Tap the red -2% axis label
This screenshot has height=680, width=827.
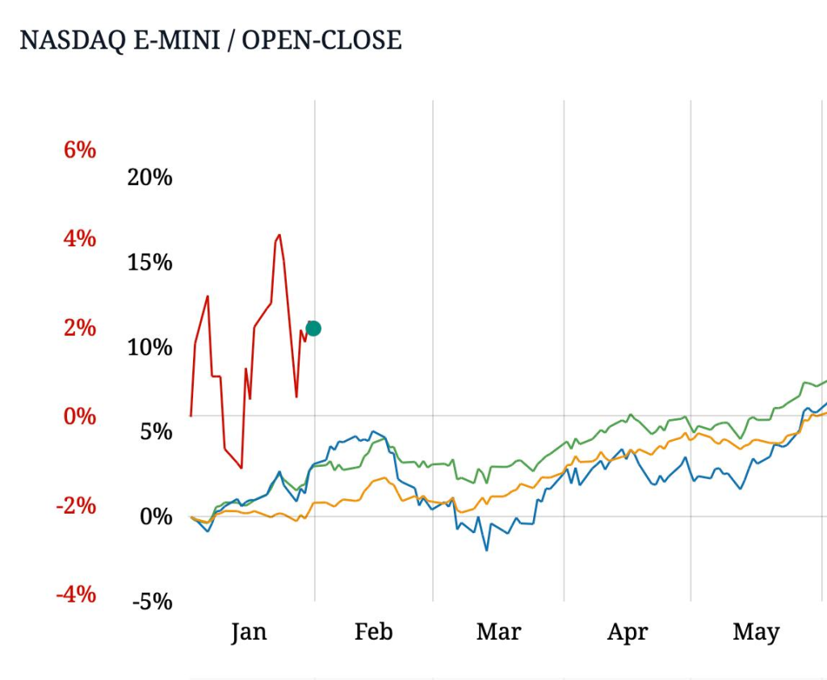click(76, 506)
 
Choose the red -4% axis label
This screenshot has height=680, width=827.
click(76, 595)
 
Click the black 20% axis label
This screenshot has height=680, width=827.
click(150, 178)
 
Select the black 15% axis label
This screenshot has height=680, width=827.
click(150, 262)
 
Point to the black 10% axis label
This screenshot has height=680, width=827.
click(150, 347)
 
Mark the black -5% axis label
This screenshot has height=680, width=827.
click(153, 602)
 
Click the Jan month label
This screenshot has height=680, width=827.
click(248, 632)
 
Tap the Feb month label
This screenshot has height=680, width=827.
click(373, 632)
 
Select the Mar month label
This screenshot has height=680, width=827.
click(498, 632)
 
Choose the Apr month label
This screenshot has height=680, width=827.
click(628, 632)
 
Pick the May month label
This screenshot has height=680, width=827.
click(756, 632)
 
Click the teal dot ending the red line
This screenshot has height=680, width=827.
click(313, 328)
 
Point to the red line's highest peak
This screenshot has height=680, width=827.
click(279, 235)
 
